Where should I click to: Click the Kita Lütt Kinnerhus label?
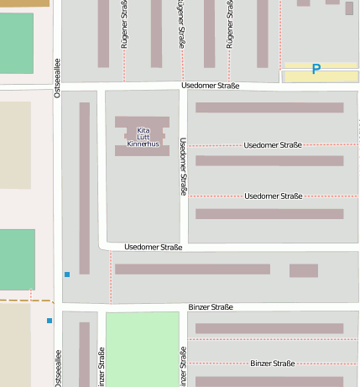142,138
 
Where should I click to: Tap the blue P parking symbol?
316,70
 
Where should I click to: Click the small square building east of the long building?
304,270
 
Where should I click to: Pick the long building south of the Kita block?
192,269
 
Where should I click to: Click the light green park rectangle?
143,348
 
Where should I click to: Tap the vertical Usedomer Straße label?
183,167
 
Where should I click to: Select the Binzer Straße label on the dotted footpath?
273,363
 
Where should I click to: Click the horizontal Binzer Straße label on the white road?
211,307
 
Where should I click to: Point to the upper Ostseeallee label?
58,77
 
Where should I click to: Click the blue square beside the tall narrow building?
67,275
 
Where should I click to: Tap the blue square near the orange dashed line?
50,321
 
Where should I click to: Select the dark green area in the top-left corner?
16,42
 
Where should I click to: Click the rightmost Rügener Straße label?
230,24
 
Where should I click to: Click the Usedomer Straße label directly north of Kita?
210,86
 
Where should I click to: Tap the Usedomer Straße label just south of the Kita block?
153,247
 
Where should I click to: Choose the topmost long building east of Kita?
269,107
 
